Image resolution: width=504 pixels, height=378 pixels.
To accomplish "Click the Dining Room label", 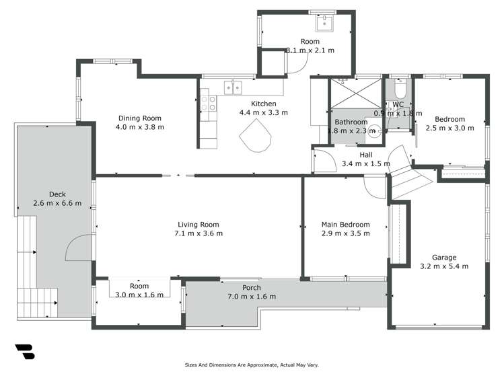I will [139, 118].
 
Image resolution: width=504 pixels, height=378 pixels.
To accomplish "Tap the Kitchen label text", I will [264, 104].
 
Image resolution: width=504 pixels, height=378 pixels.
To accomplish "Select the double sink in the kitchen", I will [233, 87].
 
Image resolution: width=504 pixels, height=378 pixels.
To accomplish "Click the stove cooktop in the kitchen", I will [209, 103].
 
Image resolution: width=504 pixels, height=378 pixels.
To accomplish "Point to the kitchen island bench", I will [257, 140].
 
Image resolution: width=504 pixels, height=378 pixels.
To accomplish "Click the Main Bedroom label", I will [345, 225].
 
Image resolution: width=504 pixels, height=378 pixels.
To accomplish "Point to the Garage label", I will [444, 258].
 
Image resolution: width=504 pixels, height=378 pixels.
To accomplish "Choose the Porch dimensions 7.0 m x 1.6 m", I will [252, 297].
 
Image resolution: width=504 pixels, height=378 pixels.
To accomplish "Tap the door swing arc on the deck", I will [76, 246].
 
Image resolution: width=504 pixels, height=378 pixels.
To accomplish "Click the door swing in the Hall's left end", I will [325, 161].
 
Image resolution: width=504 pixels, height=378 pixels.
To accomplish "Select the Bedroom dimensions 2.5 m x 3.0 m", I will [449, 128].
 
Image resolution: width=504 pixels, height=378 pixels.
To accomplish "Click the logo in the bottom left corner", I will [24, 352].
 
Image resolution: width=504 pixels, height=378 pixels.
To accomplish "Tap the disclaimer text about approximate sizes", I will [252, 365].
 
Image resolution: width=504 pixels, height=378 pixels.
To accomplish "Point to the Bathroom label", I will [350, 122].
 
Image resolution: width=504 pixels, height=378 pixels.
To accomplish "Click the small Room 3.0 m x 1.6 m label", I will [139, 286].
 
